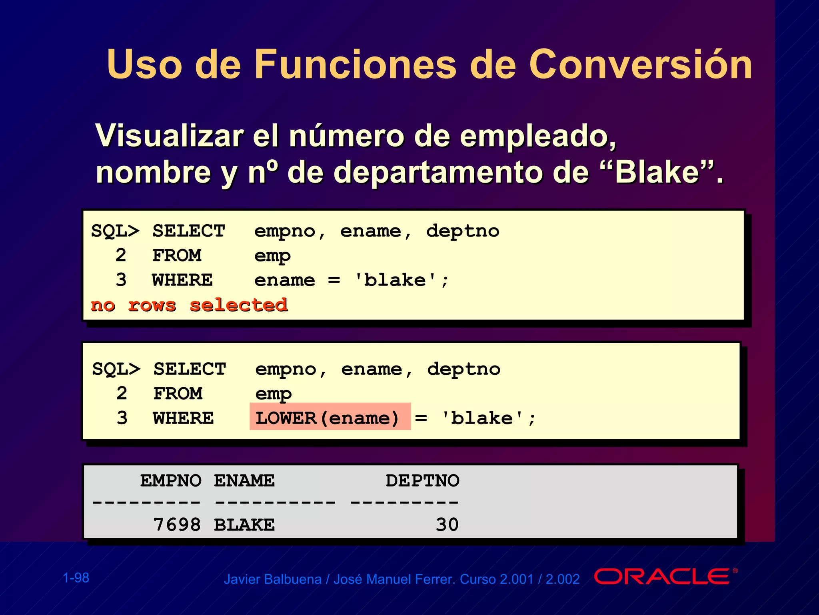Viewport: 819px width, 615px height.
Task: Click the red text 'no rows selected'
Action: click(x=189, y=305)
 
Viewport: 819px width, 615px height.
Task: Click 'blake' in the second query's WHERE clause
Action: click(x=482, y=418)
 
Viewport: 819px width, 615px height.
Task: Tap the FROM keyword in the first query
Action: click(x=177, y=255)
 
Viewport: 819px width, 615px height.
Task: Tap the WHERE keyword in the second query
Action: click(x=184, y=418)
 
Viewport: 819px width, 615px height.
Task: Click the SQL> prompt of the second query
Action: click(x=116, y=369)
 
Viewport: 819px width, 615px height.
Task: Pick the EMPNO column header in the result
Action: click(x=171, y=480)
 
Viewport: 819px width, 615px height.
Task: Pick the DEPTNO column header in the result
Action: click(x=422, y=480)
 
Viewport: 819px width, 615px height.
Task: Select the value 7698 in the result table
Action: click(x=177, y=525)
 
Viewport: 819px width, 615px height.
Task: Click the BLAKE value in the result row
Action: click(x=244, y=525)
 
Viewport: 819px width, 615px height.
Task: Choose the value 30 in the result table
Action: click(x=447, y=525)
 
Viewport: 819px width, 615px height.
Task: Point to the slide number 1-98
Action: click(x=76, y=578)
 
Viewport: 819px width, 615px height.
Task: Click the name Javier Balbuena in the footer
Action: click(x=272, y=579)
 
